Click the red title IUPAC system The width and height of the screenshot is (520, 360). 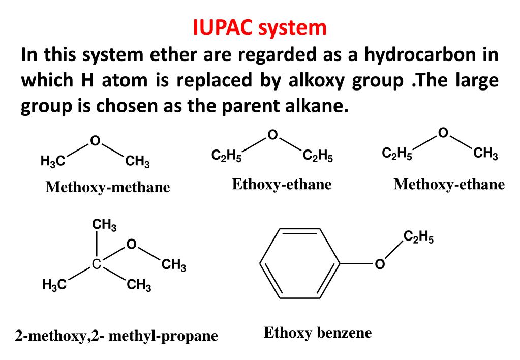(x=260, y=27)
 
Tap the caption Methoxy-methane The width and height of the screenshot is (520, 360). (x=108, y=187)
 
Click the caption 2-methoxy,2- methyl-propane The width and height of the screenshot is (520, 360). (x=116, y=336)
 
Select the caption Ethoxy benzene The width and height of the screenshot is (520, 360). (x=318, y=333)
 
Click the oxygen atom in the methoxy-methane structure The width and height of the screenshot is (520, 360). (x=95, y=140)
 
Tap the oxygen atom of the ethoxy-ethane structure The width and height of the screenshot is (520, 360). (x=272, y=135)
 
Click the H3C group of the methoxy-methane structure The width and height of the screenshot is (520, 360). (x=53, y=162)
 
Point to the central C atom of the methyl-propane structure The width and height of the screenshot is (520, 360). (x=96, y=264)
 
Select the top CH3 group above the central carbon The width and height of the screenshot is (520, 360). (x=104, y=224)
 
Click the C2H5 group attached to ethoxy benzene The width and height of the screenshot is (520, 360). (x=418, y=237)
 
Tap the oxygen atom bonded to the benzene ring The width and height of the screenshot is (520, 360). (x=379, y=265)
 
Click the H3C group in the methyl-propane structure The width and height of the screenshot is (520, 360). (x=54, y=285)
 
